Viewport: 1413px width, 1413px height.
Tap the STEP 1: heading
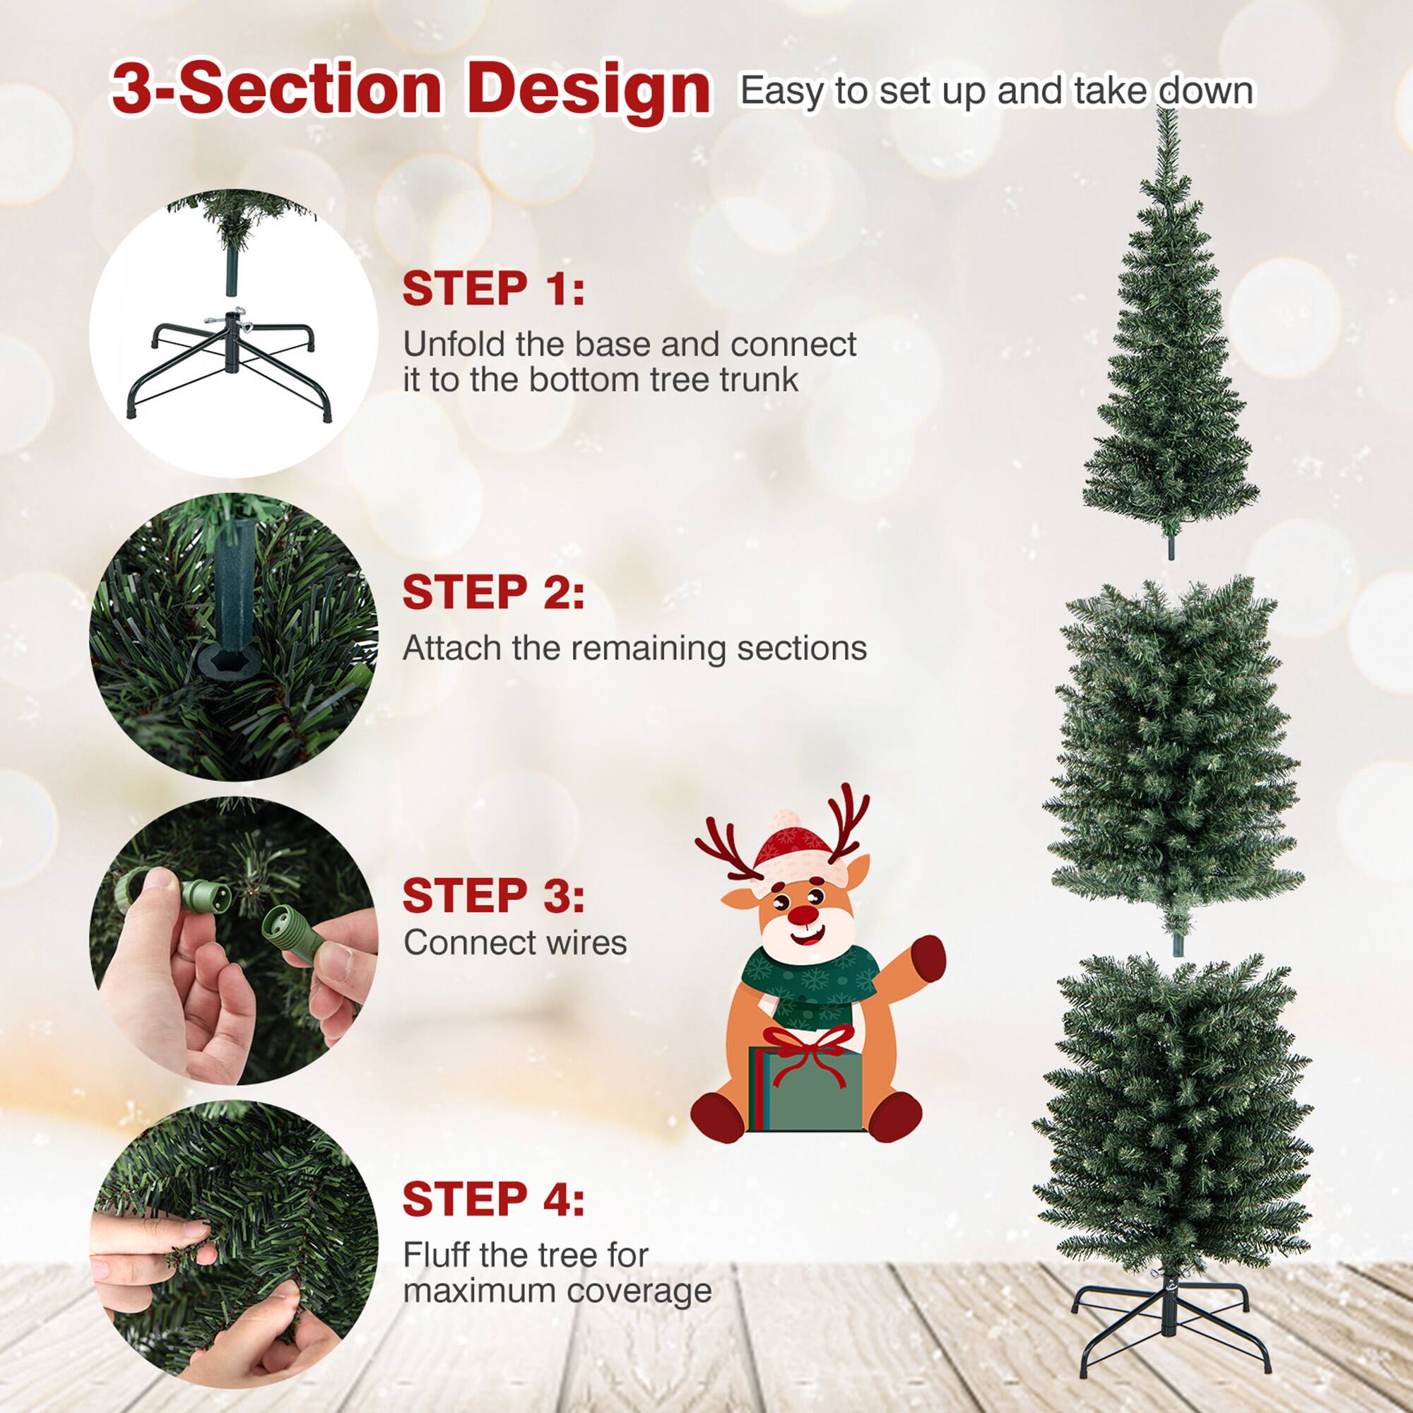point(494,289)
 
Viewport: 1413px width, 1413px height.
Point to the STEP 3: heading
point(494,895)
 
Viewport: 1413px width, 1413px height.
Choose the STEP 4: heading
point(494,1199)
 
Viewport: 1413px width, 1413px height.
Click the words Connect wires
point(515,942)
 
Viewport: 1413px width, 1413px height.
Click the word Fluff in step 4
point(436,1255)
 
